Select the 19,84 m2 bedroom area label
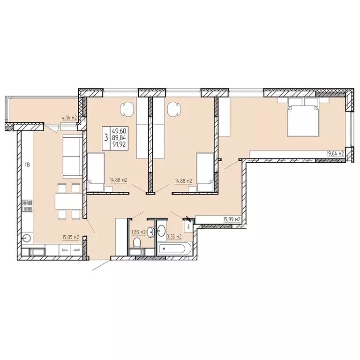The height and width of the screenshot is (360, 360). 335,153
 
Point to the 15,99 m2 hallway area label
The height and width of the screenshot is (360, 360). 231,219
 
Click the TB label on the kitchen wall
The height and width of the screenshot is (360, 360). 27,165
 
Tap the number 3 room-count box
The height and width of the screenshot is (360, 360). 106,137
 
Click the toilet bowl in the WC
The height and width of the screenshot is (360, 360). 137,243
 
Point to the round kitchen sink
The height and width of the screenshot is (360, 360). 27,238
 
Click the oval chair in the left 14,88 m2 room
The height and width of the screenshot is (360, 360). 127,110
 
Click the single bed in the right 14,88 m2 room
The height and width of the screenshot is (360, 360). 204,172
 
